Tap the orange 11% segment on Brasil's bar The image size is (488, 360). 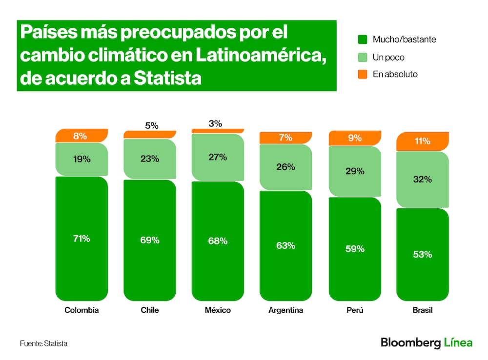point(422,141)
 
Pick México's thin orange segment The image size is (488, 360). point(217,131)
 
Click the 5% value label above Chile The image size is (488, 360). point(152,125)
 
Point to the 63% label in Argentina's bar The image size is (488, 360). point(285,245)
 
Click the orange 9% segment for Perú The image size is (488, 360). point(355,138)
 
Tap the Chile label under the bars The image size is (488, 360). point(149,310)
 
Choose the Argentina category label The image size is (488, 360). point(285,310)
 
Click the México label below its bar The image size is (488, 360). point(218,310)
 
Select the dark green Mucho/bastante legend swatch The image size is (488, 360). point(363,40)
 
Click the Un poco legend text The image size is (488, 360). point(388,57)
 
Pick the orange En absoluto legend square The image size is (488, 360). point(363,74)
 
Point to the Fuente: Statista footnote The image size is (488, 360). point(43,343)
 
